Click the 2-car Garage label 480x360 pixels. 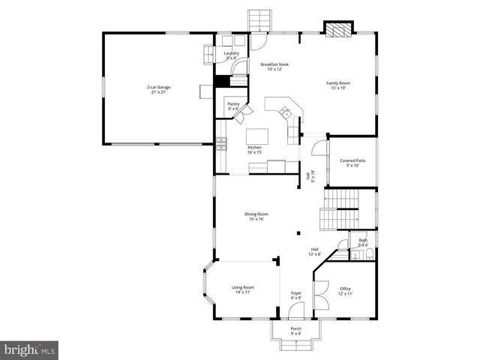pyautogui.click(x=158, y=90)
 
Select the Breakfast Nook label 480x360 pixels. pyautogui.click(x=274, y=67)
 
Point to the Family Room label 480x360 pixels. pyautogui.click(x=338, y=85)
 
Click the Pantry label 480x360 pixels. pyautogui.click(x=233, y=106)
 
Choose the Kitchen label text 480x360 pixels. pyautogui.click(x=255, y=150)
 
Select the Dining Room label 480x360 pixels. pyautogui.click(x=256, y=217)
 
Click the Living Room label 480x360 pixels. pyautogui.click(x=242, y=290)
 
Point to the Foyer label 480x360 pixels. pyautogui.click(x=295, y=295)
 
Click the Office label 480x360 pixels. pyautogui.click(x=345, y=291)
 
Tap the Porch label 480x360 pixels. pyautogui.click(x=295, y=331)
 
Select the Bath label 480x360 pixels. pyautogui.click(x=362, y=242)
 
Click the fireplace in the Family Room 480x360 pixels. pyautogui.click(x=337, y=28)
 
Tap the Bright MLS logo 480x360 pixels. pyautogui.click(x=30, y=349)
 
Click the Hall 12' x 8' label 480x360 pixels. pyautogui.click(x=316, y=252)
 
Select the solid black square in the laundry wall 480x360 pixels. pyautogui.click(x=221, y=82)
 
